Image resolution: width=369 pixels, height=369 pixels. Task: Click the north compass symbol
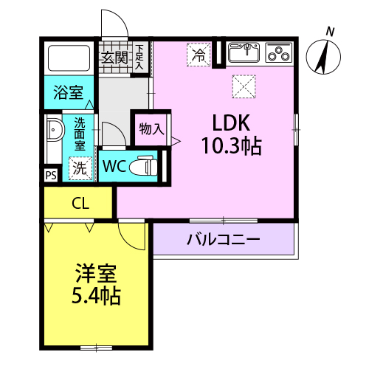coord(323,57)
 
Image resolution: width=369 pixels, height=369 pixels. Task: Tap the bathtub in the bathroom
coord(69,58)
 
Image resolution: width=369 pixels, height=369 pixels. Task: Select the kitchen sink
coord(244,52)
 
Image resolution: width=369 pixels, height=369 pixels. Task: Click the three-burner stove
coord(279,52)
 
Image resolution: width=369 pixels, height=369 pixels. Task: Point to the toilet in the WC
coord(143,165)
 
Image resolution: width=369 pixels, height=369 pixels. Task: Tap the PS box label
coord(51,176)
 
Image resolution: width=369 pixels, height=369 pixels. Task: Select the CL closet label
coord(80,204)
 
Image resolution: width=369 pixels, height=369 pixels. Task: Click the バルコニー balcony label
coord(223,239)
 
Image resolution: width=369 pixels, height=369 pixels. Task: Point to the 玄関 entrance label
coord(114,58)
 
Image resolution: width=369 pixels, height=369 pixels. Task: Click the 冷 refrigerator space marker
coord(199,55)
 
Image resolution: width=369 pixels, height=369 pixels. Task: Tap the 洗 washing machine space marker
coord(80,168)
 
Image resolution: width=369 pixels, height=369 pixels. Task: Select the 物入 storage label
coord(151,128)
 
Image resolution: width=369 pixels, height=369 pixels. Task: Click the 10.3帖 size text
coord(232,145)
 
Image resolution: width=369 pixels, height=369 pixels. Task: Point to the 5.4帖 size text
coord(96,295)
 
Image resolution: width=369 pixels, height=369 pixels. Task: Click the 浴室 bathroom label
coord(69,92)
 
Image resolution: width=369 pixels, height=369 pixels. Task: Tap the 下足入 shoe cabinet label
coord(139,57)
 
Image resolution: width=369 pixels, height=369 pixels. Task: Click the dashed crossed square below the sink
coord(244,86)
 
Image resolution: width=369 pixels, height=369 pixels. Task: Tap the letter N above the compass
coord(330,32)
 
